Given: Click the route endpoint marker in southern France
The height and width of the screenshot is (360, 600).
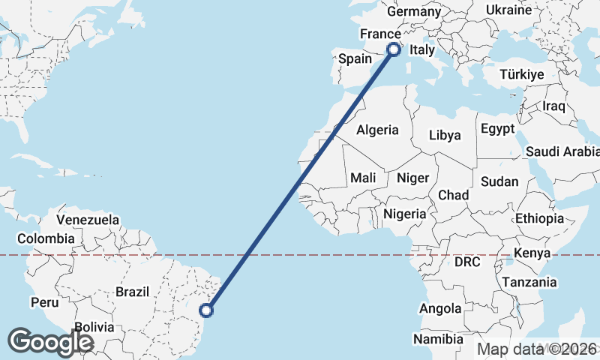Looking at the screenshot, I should click(x=392, y=49).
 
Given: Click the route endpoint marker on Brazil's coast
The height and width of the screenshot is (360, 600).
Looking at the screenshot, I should click(x=208, y=310).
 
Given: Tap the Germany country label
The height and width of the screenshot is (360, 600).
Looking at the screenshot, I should click(x=414, y=11).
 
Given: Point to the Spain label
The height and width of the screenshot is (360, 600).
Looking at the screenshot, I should click(x=355, y=58).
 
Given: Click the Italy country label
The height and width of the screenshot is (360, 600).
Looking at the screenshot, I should click(x=422, y=50).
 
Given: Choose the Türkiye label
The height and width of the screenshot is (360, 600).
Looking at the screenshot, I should click(x=522, y=75).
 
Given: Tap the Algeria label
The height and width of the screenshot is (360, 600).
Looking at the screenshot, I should click(x=377, y=130).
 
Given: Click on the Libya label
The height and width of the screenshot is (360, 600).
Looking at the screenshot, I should click(x=445, y=136).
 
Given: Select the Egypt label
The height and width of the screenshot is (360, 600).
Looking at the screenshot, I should click(x=498, y=129).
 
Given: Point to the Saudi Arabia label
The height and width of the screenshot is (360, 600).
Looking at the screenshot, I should click(x=562, y=151).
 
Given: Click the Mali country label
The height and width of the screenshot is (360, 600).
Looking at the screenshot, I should click(x=363, y=178).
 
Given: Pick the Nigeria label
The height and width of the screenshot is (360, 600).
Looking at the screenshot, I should click(x=405, y=214).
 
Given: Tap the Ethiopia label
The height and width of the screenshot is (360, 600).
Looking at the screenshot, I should click(x=539, y=218).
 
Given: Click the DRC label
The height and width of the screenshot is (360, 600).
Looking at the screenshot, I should click(x=466, y=262).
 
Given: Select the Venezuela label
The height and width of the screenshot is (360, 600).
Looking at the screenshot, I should click(x=88, y=220).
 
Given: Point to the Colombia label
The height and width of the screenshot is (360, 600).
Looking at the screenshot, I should click(x=46, y=238).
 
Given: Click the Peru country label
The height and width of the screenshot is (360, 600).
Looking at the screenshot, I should click(x=44, y=302).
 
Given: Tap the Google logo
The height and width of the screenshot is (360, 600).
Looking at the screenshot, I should click(x=50, y=342).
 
